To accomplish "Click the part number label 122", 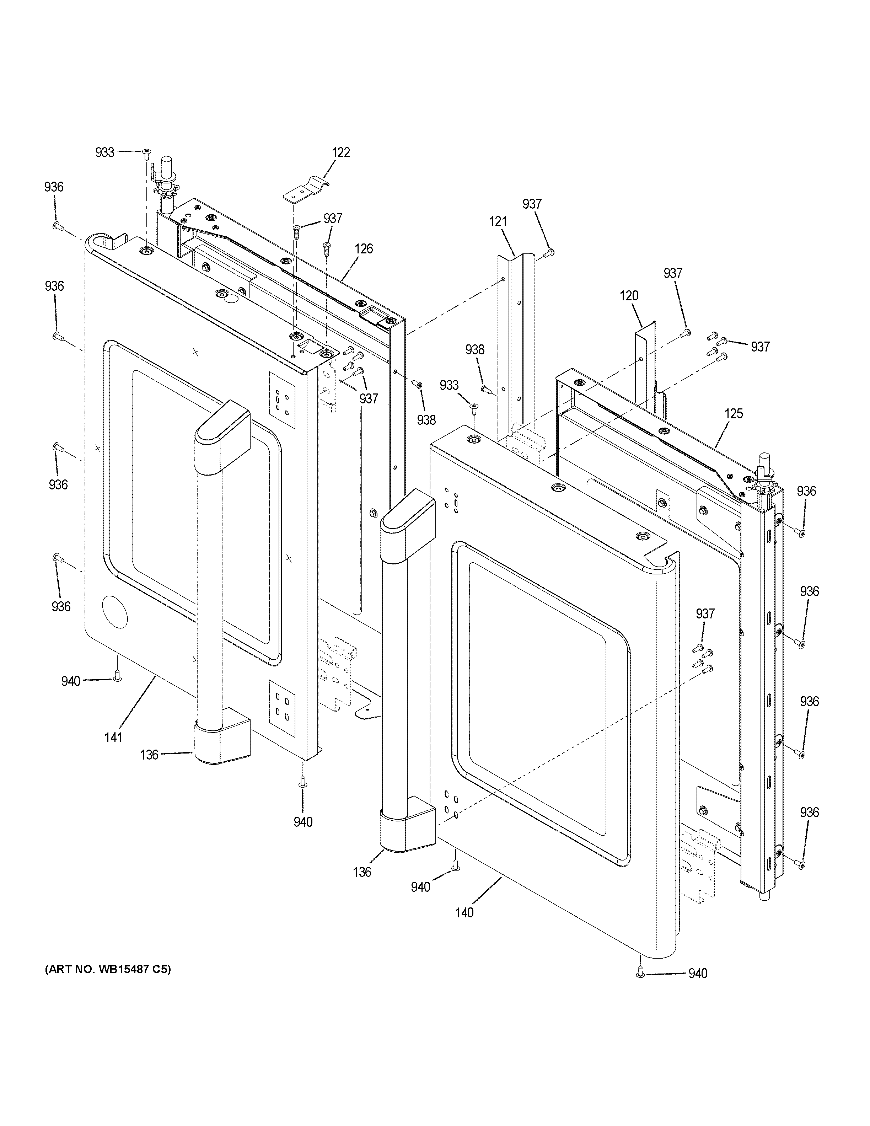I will click(341, 152).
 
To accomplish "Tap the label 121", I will click(498, 222).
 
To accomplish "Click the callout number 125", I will click(734, 413).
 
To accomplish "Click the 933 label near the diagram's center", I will click(449, 385).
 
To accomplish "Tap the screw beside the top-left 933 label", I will click(146, 152).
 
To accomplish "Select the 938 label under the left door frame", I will click(426, 420).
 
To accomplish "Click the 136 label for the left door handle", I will click(149, 755).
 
